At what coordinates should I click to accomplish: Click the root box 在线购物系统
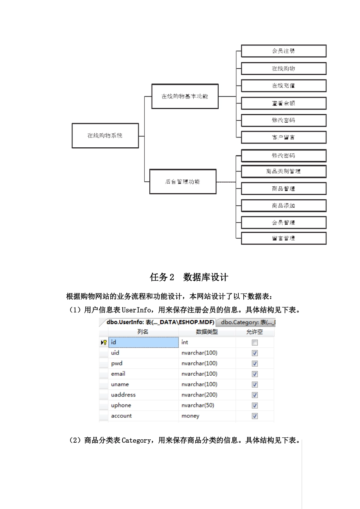105,136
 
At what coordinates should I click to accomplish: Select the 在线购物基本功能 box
185,96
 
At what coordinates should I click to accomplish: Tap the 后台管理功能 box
183,182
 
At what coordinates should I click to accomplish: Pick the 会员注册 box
283,51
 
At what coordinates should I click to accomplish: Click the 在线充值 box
283,86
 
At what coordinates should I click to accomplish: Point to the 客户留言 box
283,137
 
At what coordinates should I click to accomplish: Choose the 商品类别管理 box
283,171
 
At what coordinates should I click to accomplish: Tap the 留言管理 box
283,238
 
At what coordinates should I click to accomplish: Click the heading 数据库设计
206,277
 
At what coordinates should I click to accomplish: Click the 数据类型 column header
207,332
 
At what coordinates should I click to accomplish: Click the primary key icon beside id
104,342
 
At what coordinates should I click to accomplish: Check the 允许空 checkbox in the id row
255,342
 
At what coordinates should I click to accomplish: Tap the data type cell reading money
190,416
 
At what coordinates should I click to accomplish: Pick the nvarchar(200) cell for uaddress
199,395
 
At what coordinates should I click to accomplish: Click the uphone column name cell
121,405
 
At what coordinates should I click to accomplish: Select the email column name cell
118,374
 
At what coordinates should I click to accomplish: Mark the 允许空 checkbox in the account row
255,416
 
